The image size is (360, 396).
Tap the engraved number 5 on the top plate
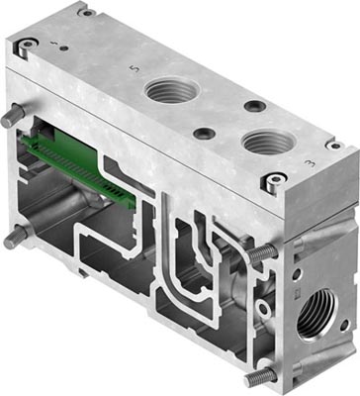coord(134,69)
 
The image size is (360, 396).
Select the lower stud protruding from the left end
coord(14,238)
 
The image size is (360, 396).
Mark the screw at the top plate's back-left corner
coord(86,13)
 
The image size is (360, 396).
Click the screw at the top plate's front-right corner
coord(268,180)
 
